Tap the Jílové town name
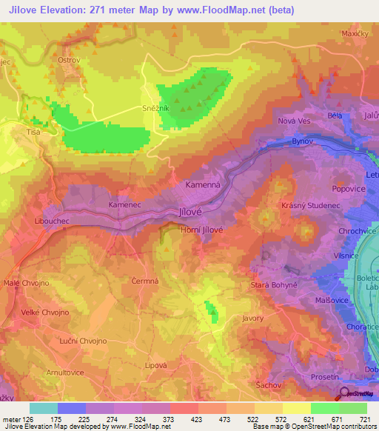(192, 211)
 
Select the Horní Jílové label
(201, 230)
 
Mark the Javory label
(253, 319)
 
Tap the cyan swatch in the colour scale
(44, 408)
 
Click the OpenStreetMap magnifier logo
(345, 395)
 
